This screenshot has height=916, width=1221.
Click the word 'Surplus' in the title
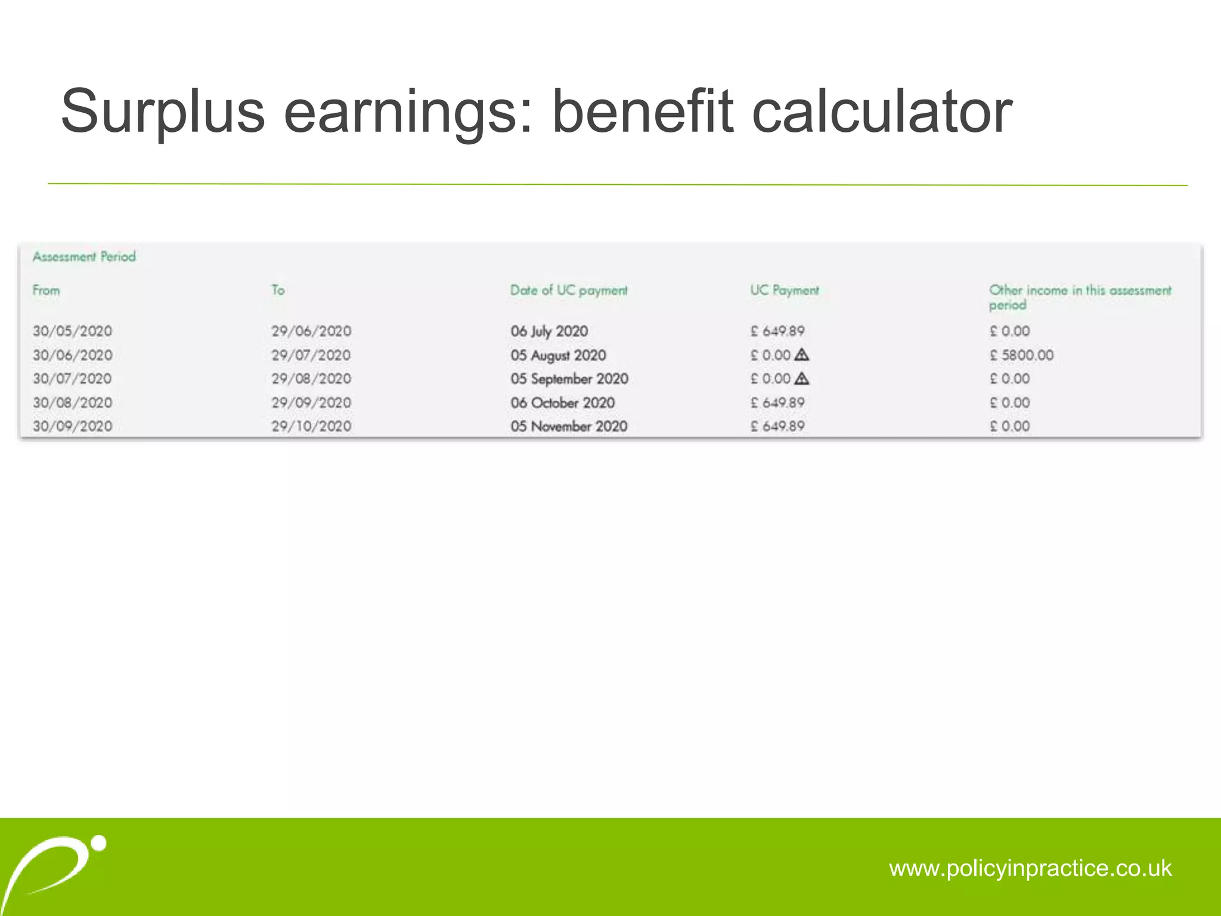[x=163, y=112]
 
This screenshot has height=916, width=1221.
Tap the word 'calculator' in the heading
[x=882, y=112]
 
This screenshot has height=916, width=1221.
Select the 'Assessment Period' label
[x=84, y=257]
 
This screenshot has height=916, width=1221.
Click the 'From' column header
[x=46, y=290]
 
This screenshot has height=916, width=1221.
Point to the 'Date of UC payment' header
[x=569, y=290]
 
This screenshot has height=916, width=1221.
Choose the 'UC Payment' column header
[x=784, y=290]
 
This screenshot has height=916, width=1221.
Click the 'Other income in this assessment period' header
[x=1080, y=297]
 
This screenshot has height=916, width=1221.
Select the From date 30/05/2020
[x=72, y=331]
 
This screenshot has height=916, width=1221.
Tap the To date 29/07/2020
[x=311, y=355]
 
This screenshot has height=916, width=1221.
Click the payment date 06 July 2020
[x=549, y=331]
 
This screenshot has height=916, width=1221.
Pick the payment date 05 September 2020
[x=569, y=379]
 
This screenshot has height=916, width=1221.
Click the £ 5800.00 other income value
[x=1021, y=355]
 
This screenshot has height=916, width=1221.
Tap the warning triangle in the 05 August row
[x=802, y=355]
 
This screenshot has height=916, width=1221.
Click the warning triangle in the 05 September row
[x=802, y=378]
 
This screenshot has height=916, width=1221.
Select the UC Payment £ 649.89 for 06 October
[x=777, y=403]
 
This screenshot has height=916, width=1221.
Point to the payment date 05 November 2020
[x=569, y=426]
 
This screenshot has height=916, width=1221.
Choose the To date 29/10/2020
[x=311, y=426]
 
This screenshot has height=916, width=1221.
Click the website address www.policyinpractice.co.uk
[x=1030, y=868]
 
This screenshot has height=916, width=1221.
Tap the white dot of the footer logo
[x=100, y=843]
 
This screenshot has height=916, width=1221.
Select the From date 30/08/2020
[x=72, y=403]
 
